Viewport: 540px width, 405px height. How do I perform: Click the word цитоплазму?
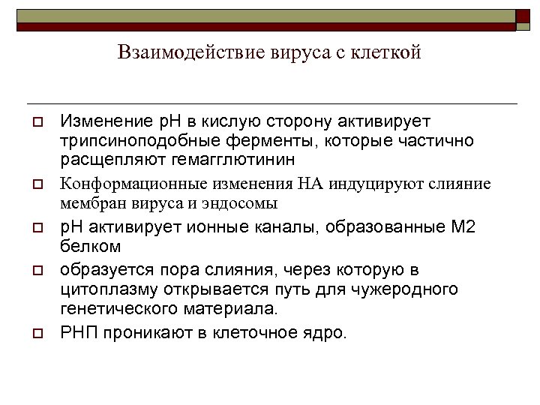point(102,289)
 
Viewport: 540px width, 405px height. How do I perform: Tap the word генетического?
point(113,307)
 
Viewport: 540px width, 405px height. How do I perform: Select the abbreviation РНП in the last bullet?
point(78,332)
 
